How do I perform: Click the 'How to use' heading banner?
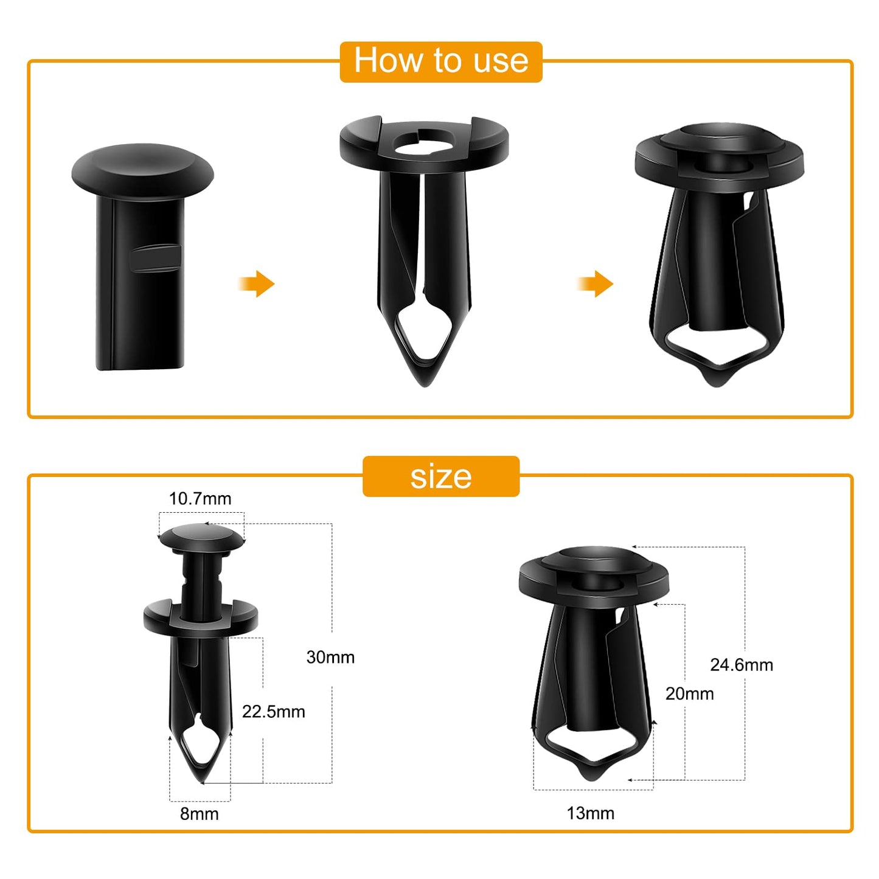tap(440, 61)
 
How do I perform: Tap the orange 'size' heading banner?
tap(440, 476)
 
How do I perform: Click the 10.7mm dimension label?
tap(200, 499)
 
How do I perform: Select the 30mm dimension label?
tap(330, 657)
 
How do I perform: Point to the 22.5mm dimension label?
tap(273, 711)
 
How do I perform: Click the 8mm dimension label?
tap(199, 814)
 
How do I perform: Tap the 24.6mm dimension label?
tap(742, 665)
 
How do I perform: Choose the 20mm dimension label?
tap(689, 693)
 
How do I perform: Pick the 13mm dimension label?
tap(590, 813)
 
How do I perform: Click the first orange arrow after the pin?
tap(257, 283)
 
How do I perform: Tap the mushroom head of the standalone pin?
tap(142, 167)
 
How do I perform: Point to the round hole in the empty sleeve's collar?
tap(424, 141)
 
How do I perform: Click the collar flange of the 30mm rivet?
tap(200, 617)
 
